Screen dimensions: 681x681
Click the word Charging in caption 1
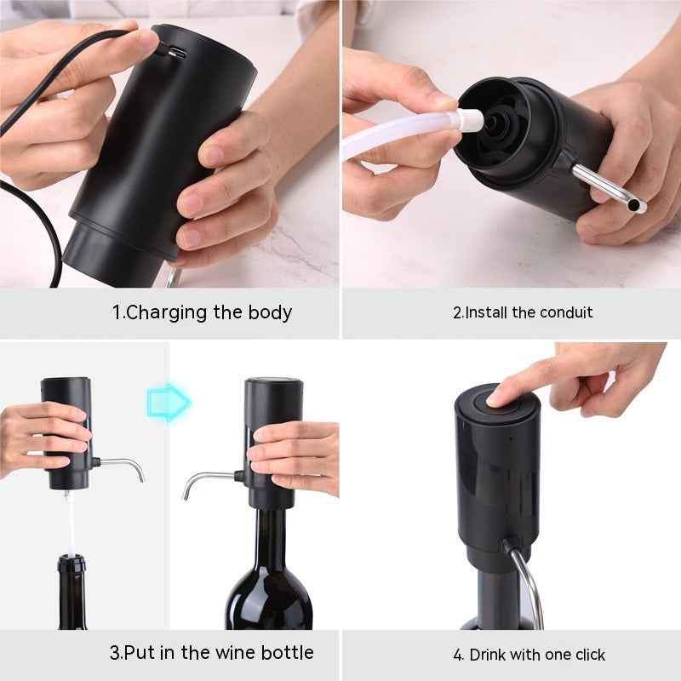coord(167,312)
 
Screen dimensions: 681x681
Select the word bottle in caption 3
coord(286,653)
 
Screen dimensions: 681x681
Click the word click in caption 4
coord(588,655)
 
